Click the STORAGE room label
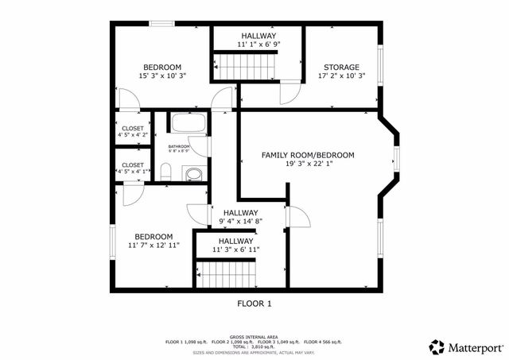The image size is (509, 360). (x=341, y=68)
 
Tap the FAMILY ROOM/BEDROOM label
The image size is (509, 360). (x=308, y=155)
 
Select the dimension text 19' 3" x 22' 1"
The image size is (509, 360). (x=308, y=165)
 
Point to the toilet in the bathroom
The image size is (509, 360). (x=166, y=172)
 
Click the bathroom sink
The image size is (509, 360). (x=193, y=173)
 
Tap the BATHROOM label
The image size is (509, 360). (x=178, y=146)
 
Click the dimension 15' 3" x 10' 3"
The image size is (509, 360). (x=162, y=76)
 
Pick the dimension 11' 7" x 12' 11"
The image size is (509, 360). (x=153, y=246)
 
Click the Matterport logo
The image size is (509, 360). (x=466, y=346)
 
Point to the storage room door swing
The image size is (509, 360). (x=291, y=91)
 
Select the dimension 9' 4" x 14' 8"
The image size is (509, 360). (x=240, y=223)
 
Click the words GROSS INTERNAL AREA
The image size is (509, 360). (x=254, y=336)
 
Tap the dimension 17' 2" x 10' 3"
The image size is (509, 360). (x=341, y=77)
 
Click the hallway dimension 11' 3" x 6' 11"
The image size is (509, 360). (x=236, y=250)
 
